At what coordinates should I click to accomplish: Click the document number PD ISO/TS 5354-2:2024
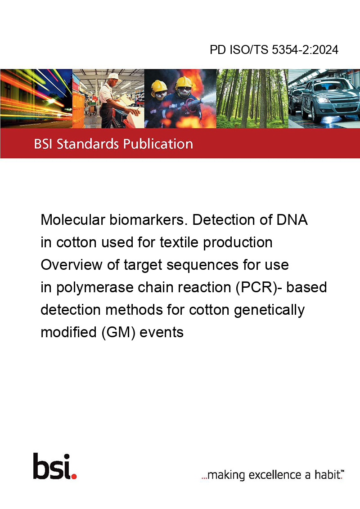click(274, 49)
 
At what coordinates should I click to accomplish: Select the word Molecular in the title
click(73, 220)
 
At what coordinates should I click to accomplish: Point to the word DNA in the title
click(292, 220)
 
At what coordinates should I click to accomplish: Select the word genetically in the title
click(269, 310)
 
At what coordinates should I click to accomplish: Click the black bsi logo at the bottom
click(52, 466)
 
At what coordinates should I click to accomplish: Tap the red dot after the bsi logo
click(74, 477)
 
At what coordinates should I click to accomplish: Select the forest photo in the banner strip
click(252, 98)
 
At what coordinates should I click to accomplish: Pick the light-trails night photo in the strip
click(36, 98)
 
